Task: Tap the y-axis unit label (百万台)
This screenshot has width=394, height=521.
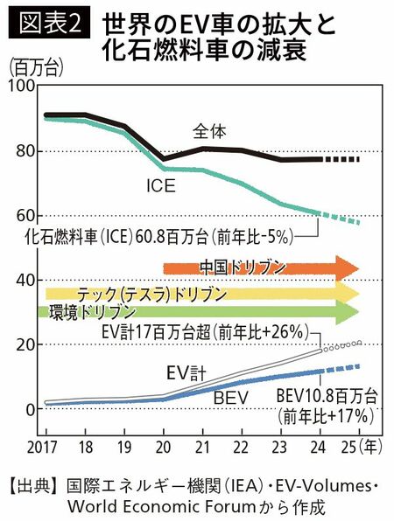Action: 32,67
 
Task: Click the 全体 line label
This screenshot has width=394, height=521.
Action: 210,132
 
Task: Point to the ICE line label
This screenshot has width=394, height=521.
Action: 161,185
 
